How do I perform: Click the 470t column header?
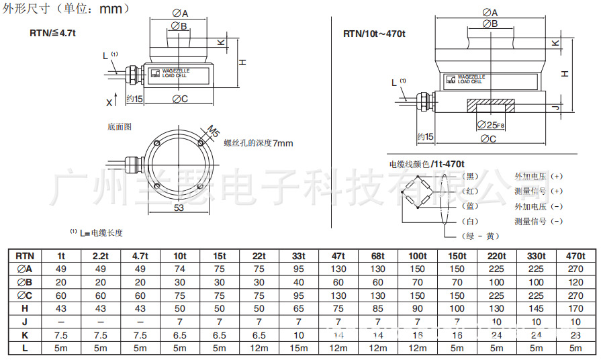click(575, 256)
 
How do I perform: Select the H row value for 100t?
click(417, 309)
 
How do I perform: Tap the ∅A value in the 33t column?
click(299, 269)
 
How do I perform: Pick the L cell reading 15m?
click(299, 349)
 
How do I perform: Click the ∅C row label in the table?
click(25, 296)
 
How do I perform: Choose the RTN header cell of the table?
click(25, 256)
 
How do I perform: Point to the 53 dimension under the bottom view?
click(179, 208)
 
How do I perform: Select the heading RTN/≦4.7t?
click(53, 32)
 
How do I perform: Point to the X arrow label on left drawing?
click(109, 102)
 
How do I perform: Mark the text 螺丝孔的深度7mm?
click(258, 143)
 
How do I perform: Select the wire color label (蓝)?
click(470, 206)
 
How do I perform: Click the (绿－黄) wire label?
click(481, 236)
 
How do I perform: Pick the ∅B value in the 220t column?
click(496, 283)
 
